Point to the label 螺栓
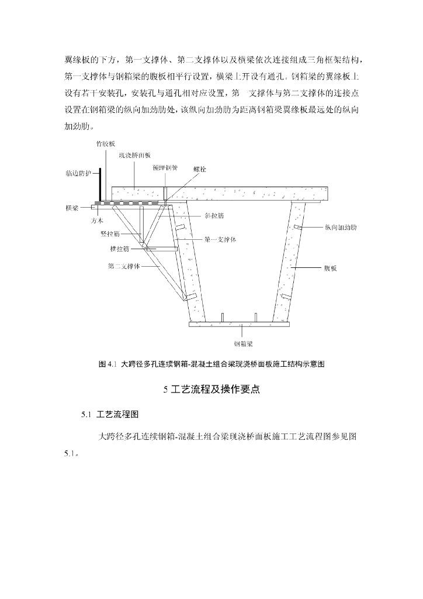(199, 170)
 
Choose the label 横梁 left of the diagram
(72, 208)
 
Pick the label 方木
(97, 221)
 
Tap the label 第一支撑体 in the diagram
(220, 239)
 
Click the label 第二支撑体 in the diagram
(123, 266)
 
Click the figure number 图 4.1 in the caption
(109, 364)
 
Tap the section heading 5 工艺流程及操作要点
(211, 390)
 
